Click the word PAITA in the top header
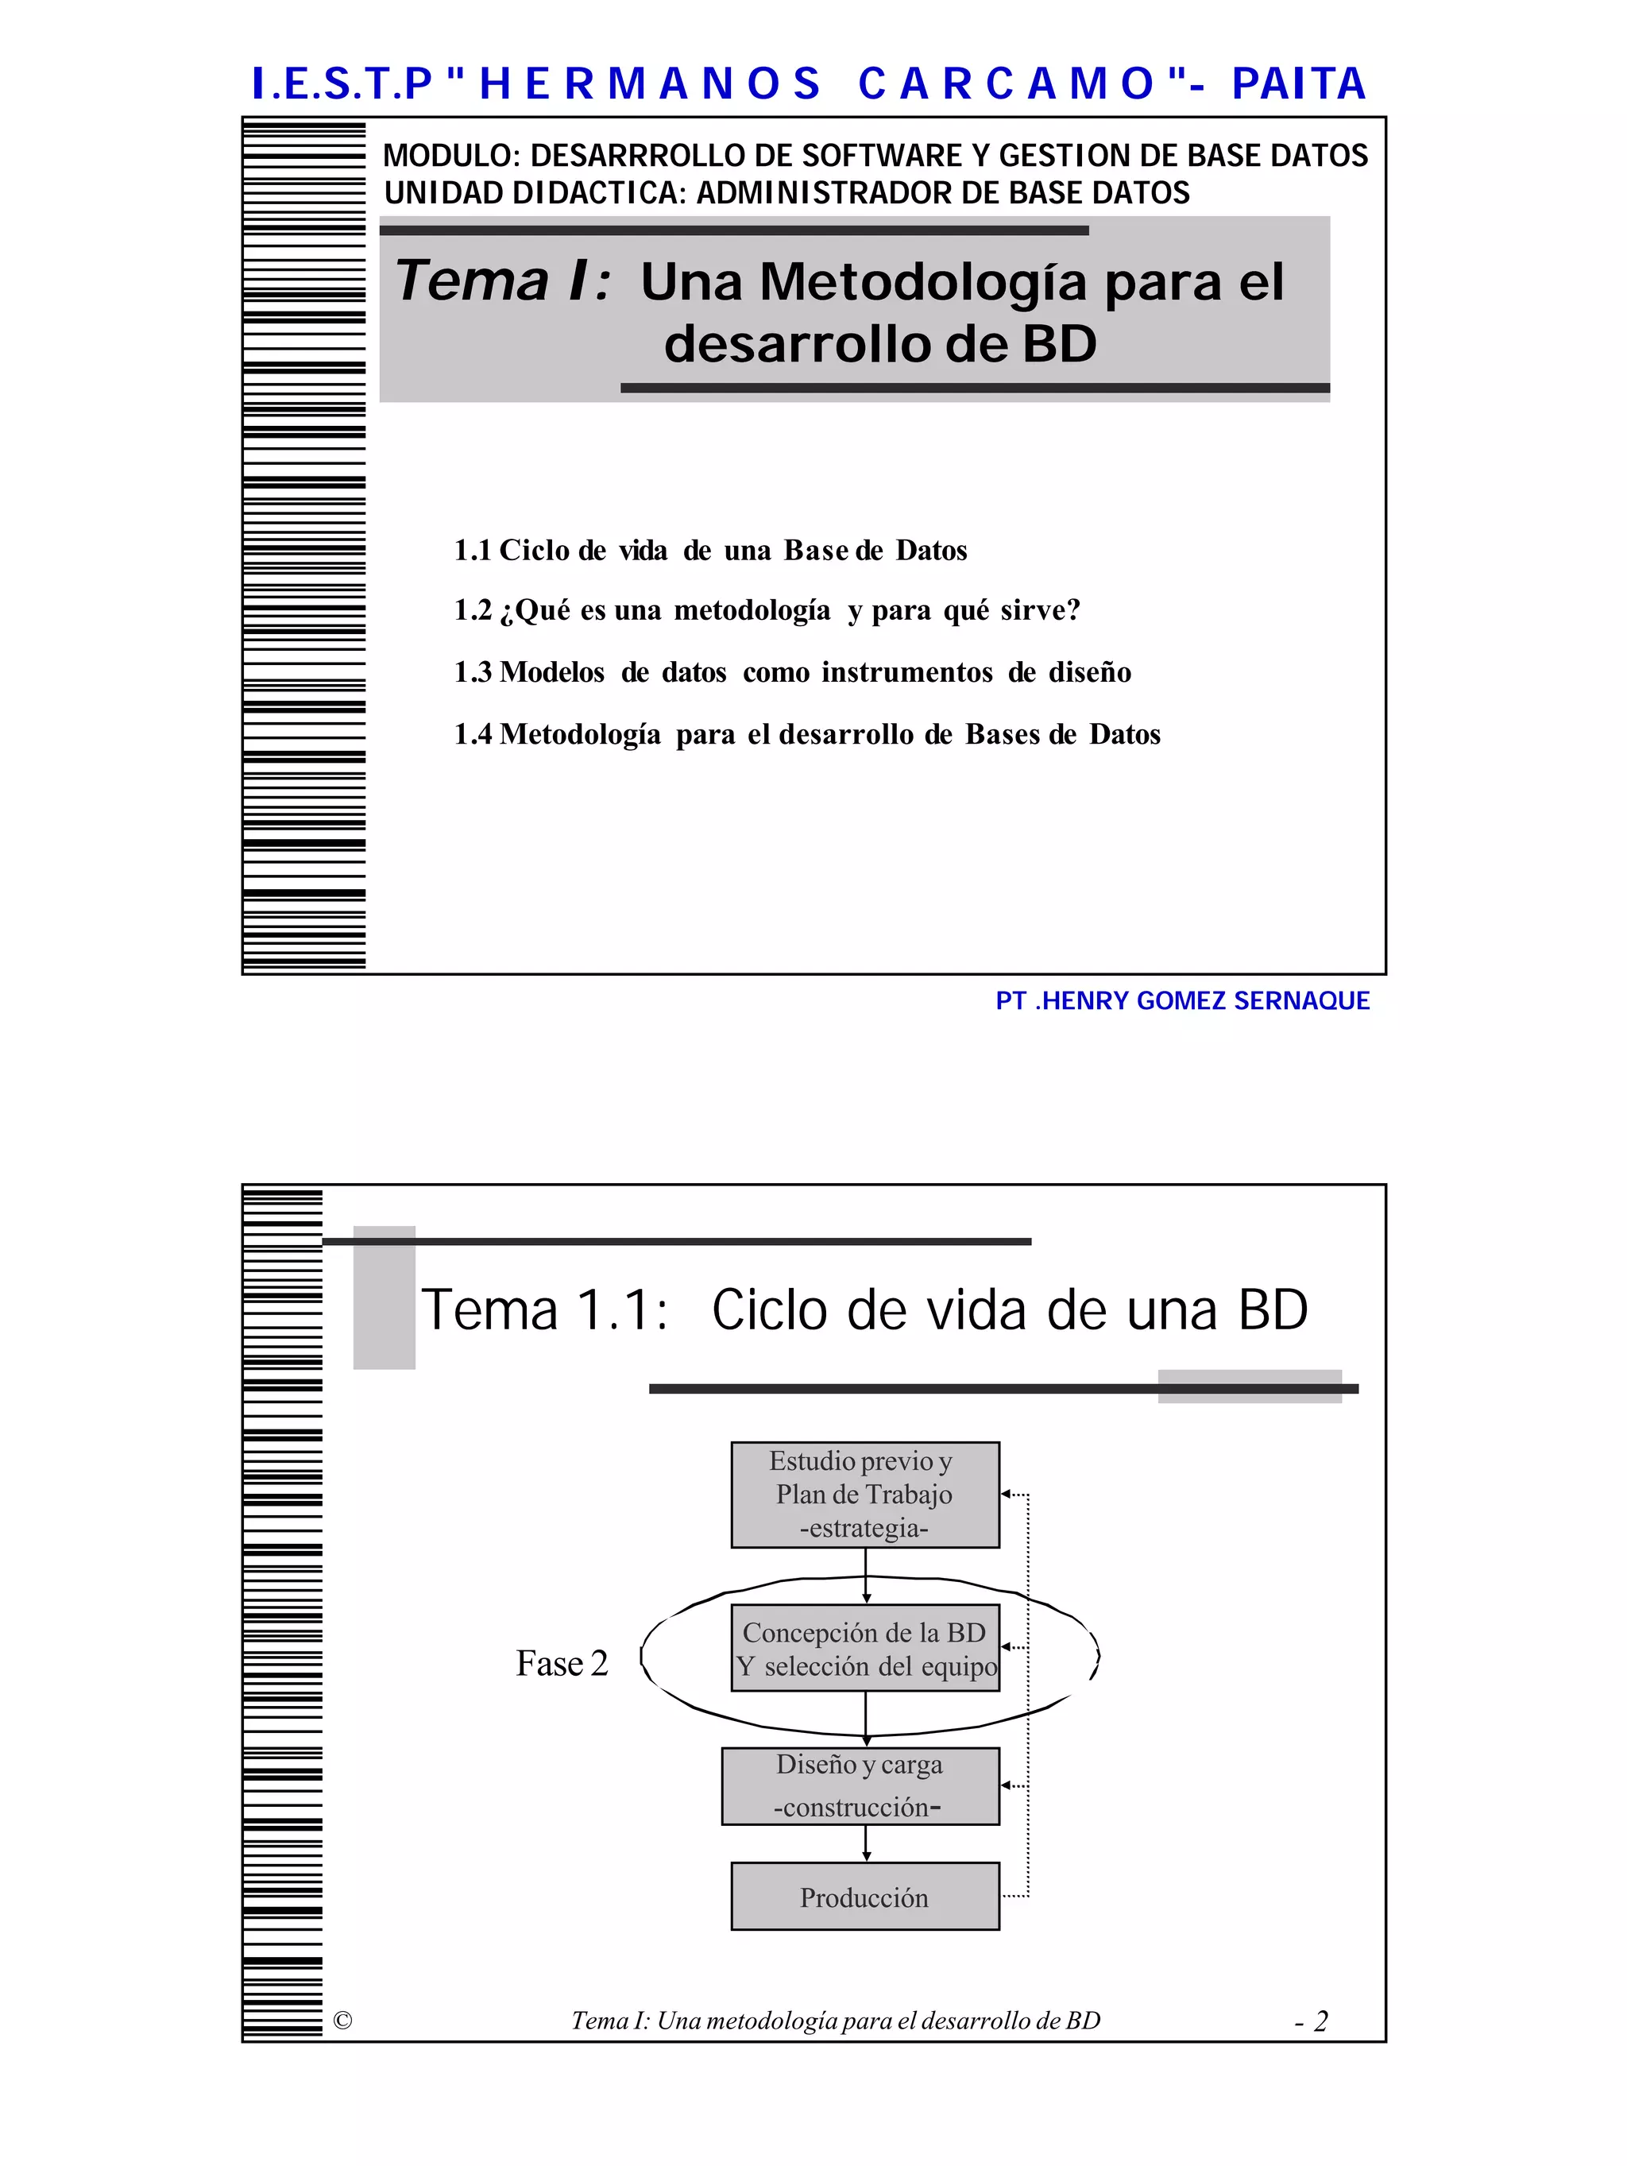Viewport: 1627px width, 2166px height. (1298, 83)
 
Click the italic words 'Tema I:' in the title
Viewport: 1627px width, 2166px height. (503, 282)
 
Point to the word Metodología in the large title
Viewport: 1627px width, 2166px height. (922, 282)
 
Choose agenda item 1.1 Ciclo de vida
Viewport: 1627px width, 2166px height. (709, 551)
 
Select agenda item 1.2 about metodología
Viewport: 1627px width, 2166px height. (767, 610)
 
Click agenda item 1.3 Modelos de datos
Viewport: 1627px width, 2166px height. (792, 673)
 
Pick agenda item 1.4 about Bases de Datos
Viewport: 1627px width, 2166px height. (806, 734)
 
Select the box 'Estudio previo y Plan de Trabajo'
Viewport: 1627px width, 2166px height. (864, 1495)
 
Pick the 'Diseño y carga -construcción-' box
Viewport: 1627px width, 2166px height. (860, 1785)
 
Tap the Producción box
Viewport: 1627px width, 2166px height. (864, 1897)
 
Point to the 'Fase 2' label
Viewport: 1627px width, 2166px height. (562, 1664)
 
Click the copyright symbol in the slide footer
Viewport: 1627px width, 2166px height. (342, 2020)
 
